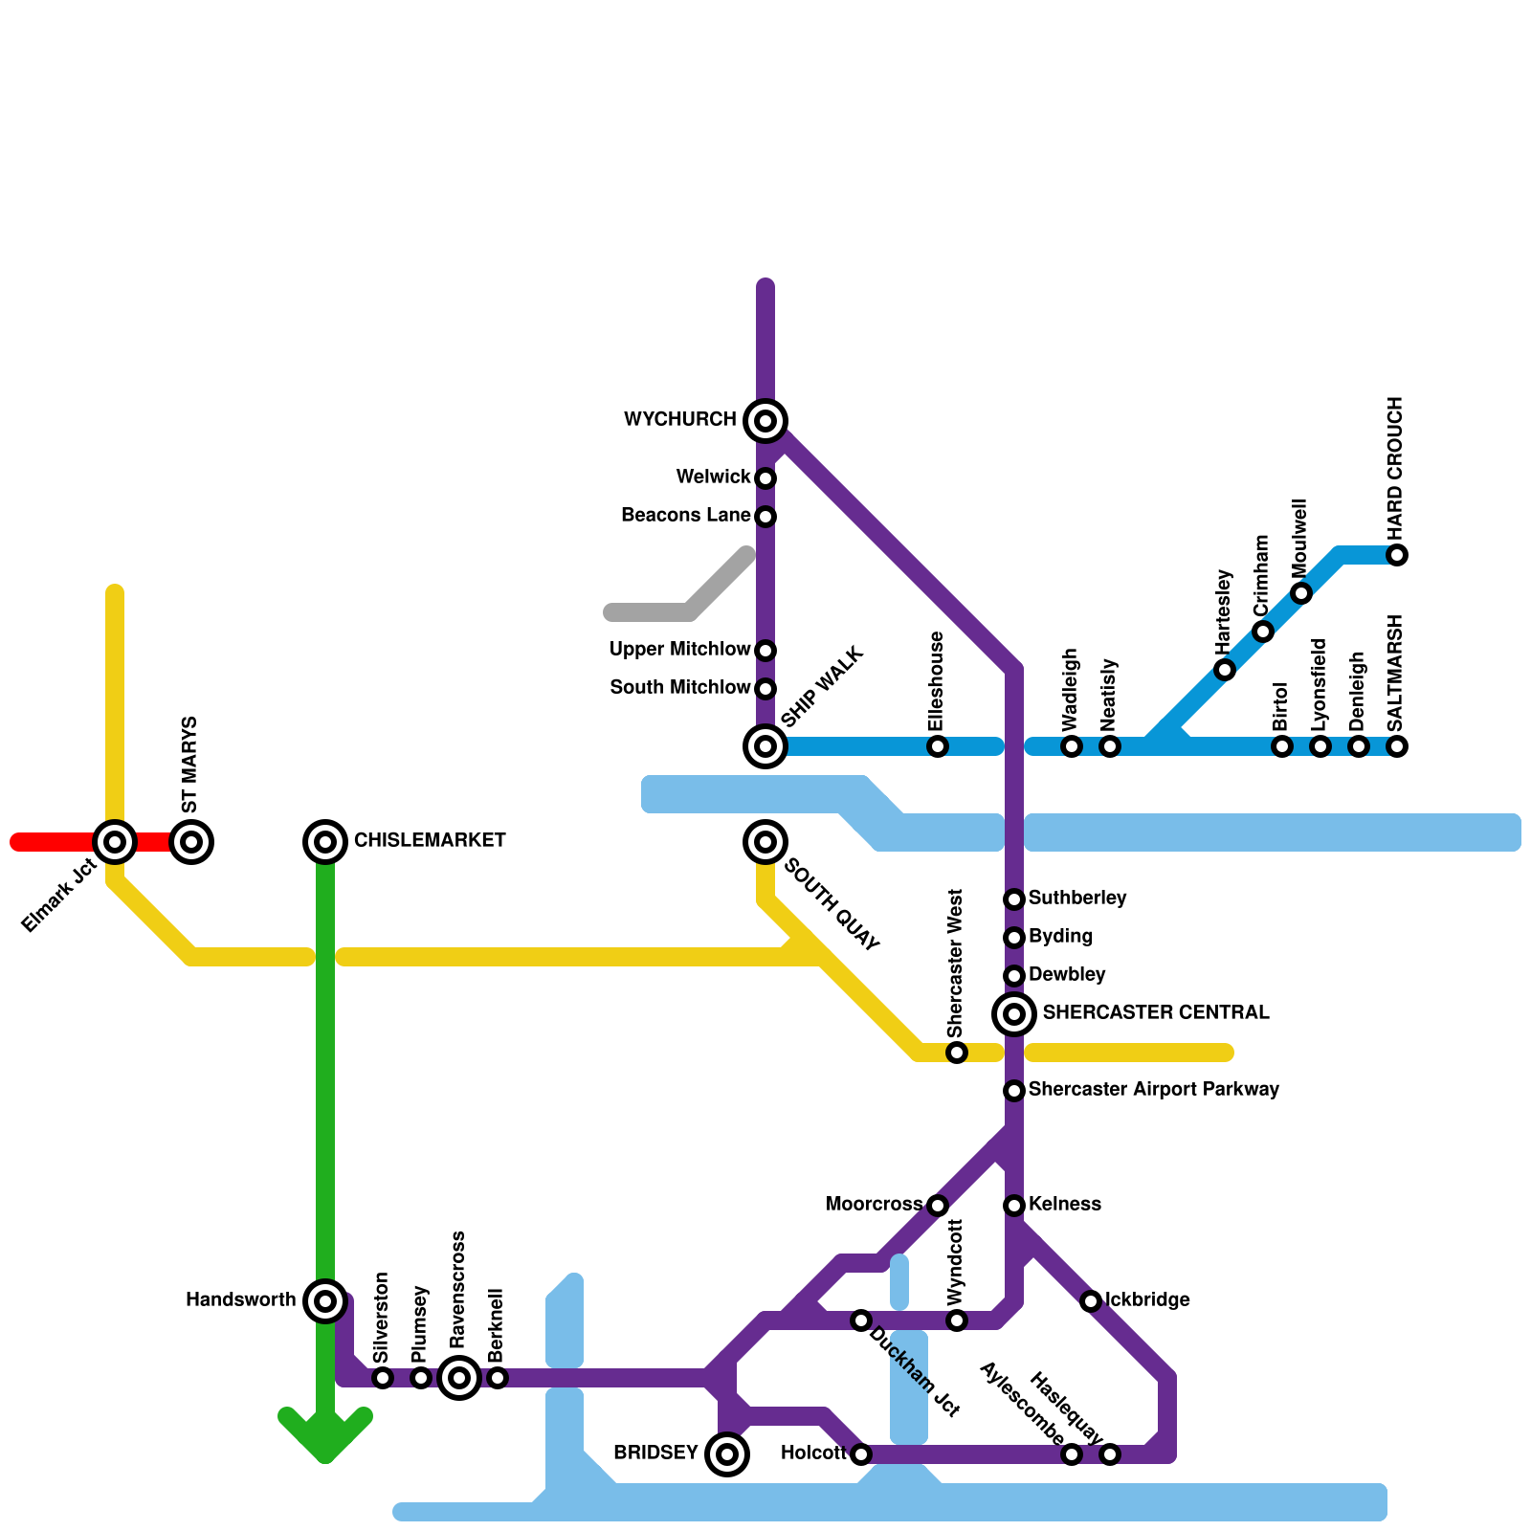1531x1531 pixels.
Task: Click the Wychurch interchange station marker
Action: (765, 421)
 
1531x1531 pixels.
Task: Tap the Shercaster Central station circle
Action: (1014, 1013)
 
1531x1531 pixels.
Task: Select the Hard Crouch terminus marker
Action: (1397, 555)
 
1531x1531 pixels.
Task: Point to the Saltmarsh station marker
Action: (1397, 746)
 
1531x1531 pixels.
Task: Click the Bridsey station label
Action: (655, 1453)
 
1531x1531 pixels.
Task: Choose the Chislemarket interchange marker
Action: (325, 842)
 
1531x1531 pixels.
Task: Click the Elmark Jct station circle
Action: (115, 842)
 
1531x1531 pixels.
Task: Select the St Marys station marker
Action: (191, 842)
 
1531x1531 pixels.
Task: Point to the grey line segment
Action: (679, 603)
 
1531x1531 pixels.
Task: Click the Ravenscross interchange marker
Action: (459, 1378)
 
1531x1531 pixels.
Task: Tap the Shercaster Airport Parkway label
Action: (1153, 1090)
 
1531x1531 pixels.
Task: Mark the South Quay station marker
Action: (765, 842)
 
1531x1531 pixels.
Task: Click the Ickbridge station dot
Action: (1091, 1301)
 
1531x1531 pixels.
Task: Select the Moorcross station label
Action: (874, 1205)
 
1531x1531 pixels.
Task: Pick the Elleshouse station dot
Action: (938, 746)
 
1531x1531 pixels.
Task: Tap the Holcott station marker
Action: (861, 1454)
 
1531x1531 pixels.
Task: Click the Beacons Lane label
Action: (685, 516)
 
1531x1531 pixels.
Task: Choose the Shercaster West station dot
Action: (957, 1053)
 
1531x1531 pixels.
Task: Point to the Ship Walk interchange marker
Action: (765, 746)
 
